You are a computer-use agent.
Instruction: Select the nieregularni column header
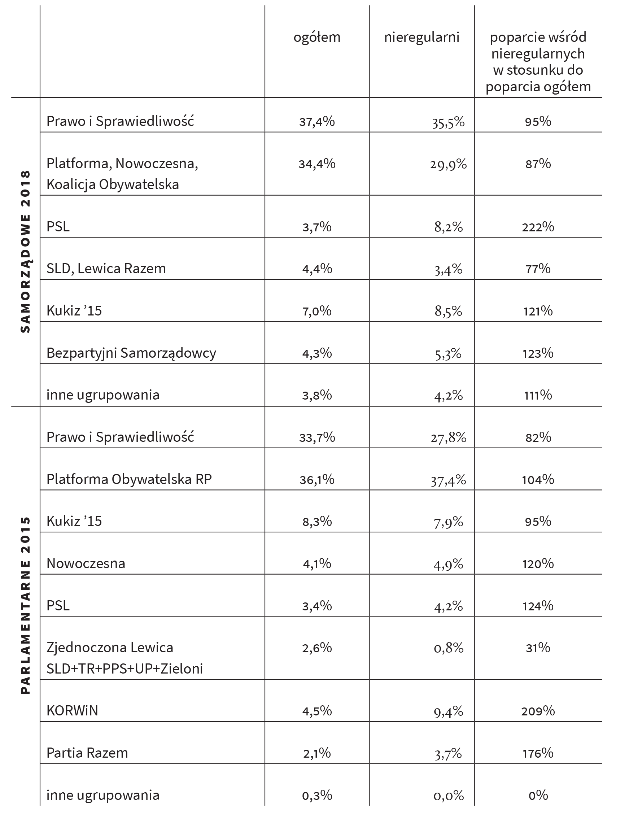[x=421, y=37]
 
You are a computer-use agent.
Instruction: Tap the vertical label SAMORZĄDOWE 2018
[x=25, y=252]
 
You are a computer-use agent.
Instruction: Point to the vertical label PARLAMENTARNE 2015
[x=25, y=605]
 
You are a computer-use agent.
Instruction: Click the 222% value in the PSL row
[x=538, y=227]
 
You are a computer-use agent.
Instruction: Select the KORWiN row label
[x=72, y=710]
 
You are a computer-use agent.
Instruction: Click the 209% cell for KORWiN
[x=538, y=711]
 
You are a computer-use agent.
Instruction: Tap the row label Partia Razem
[x=87, y=753]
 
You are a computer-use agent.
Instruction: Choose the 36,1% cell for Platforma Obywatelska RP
[x=317, y=480]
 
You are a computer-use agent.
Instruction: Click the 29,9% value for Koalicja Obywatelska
[x=449, y=164]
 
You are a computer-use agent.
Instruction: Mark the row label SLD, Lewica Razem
[x=106, y=269]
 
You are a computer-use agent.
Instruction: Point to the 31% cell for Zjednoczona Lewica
[x=538, y=648]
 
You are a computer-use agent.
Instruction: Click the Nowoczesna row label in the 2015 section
[x=86, y=563]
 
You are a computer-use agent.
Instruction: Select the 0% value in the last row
[x=538, y=795]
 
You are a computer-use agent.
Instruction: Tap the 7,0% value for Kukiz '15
[x=317, y=311]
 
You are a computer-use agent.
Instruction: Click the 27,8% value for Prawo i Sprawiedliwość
[x=449, y=437]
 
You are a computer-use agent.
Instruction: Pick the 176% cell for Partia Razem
[x=538, y=753]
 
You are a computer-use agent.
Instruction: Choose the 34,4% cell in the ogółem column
[x=317, y=164]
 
